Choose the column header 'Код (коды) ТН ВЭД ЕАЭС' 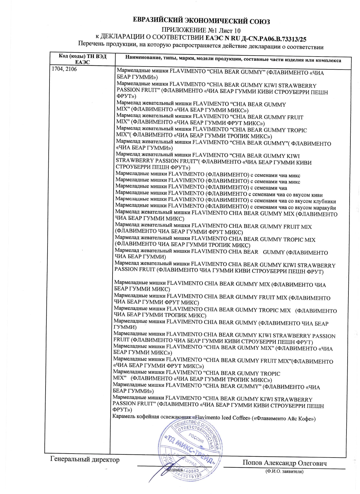click(x=83, y=59)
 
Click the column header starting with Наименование click(x=233, y=60)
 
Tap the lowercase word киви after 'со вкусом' click(x=316, y=195)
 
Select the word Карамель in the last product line click(x=124, y=416)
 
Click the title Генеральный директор click(x=85, y=459)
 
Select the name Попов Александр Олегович click(x=284, y=463)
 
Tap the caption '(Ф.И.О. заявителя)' click(x=284, y=471)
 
